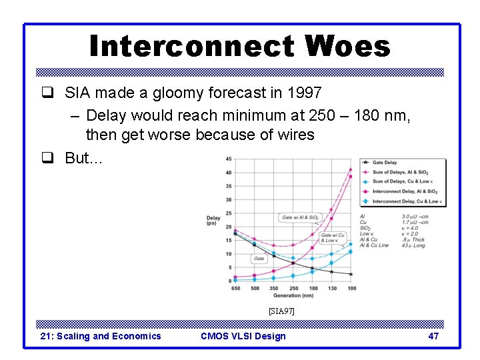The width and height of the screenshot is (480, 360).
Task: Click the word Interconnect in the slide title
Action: pyautogui.click(x=192, y=47)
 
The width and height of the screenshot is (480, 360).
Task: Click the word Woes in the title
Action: pyautogui.click(x=347, y=47)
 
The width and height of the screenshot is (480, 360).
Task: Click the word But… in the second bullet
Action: pyautogui.click(x=83, y=157)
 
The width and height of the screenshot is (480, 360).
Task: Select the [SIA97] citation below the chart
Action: pyautogui.click(x=281, y=311)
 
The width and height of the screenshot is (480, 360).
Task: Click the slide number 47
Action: pyautogui.click(x=433, y=336)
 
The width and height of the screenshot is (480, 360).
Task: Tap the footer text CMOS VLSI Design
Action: pyautogui.click(x=243, y=336)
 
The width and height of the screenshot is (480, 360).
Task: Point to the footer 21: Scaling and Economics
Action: pyautogui.click(x=101, y=336)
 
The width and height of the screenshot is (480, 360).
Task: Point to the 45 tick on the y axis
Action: pyautogui.click(x=229, y=159)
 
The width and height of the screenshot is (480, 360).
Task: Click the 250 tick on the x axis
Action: pyautogui.click(x=293, y=288)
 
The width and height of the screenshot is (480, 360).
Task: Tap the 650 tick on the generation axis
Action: pyautogui.click(x=235, y=288)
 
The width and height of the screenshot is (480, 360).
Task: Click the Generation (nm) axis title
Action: pyautogui.click(x=293, y=295)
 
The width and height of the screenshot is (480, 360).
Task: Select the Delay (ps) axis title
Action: pyautogui.click(x=213, y=221)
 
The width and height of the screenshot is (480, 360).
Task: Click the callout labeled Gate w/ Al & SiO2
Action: pyautogui.click(x=300, y=217)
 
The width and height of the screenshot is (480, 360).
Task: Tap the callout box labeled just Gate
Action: pyautogui.click(x=259, y=258)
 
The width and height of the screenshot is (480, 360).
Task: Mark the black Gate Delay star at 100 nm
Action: pyautogui.click(x=351, y=274)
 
